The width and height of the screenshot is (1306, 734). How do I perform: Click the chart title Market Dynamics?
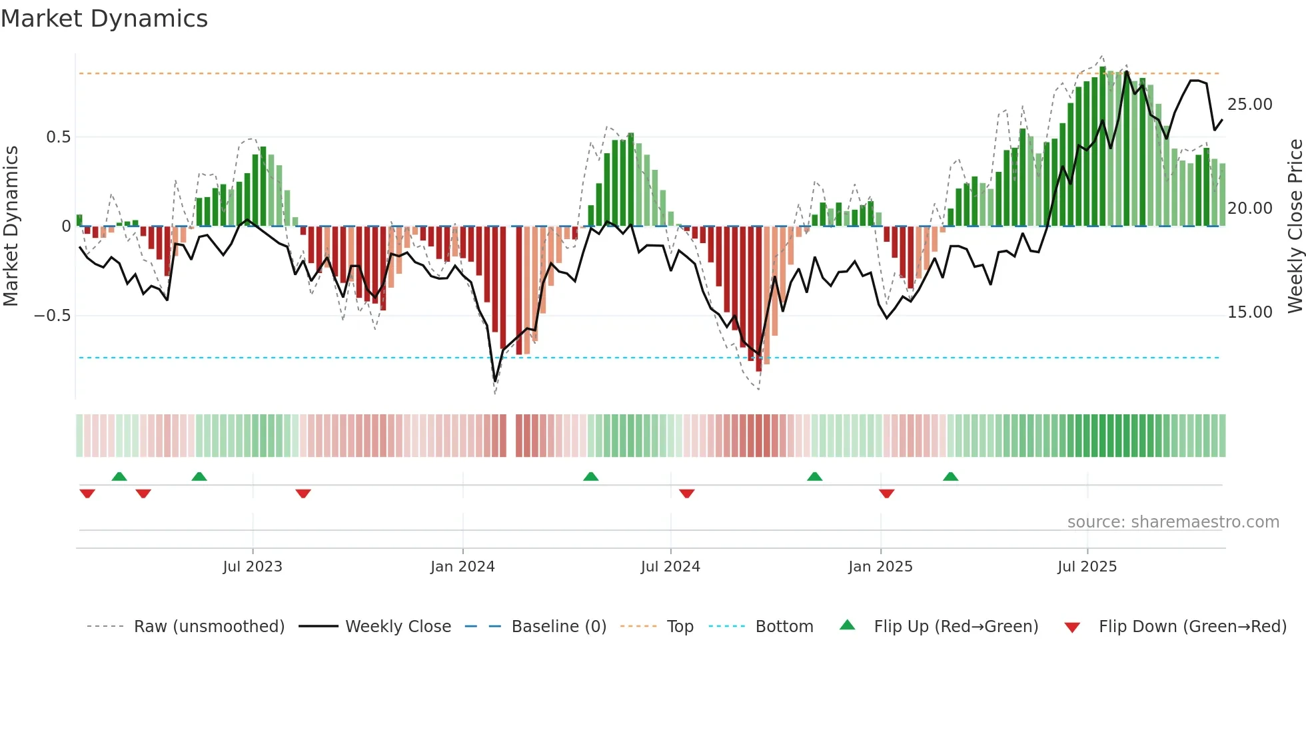(104, 19)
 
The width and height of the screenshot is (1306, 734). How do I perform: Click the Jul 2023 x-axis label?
(253, 567)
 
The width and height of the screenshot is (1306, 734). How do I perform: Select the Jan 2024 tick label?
(462, 567)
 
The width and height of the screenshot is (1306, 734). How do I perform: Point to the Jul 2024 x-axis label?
(670, 567)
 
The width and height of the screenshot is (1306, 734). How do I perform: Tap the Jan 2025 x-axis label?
(880, 567)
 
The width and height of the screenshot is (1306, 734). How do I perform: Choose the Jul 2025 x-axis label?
(1087, 567)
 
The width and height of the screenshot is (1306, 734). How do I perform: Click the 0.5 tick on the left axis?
(58, 137)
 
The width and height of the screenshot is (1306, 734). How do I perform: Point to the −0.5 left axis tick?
(53, 316)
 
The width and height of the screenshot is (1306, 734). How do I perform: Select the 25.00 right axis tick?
(1249, 105)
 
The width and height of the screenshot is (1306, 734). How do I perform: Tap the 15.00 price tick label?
(1249, 312)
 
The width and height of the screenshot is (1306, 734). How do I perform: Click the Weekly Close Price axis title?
(1295, 226)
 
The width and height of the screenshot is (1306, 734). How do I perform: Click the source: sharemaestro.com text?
(1173, 522)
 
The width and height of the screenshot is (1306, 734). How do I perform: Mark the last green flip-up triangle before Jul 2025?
(951, 476)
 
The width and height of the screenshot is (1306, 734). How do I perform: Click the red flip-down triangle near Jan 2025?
(886, 494)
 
